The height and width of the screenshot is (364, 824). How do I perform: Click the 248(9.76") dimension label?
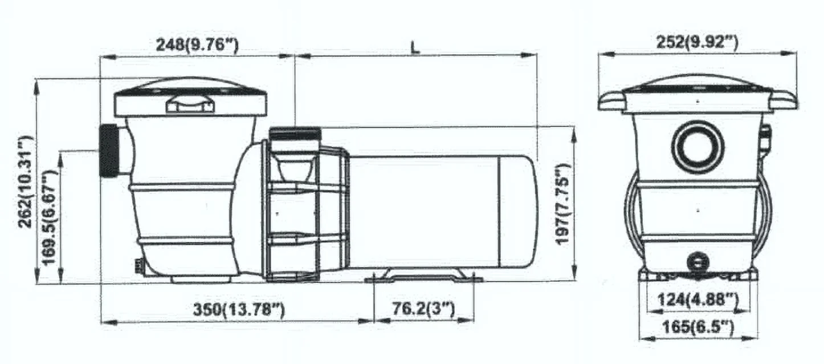pyautogui.click(x=198, y=45)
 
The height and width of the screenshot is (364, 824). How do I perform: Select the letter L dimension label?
pyautogui.click(x=415, y=48)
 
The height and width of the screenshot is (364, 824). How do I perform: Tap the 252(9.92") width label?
pyautogui.click(x=697, y=42)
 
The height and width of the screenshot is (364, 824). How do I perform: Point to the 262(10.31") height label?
pyautogui.click(x=26, y=181)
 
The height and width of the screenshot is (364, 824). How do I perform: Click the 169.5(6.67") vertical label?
pyautogui.click(x=49, y=217)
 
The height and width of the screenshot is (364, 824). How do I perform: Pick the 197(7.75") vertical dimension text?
pyautogui.click(x=563, y=204)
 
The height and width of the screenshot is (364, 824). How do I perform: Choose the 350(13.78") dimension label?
pyautogui.click(x=239, y=309)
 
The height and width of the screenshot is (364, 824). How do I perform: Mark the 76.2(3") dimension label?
pyautogui.click(x=423, y=309)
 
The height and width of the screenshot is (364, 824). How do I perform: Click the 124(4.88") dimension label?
pyautogui.click(x=698, y=300)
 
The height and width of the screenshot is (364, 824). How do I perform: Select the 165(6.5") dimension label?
pyautogui.click(x=698, y=327)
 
